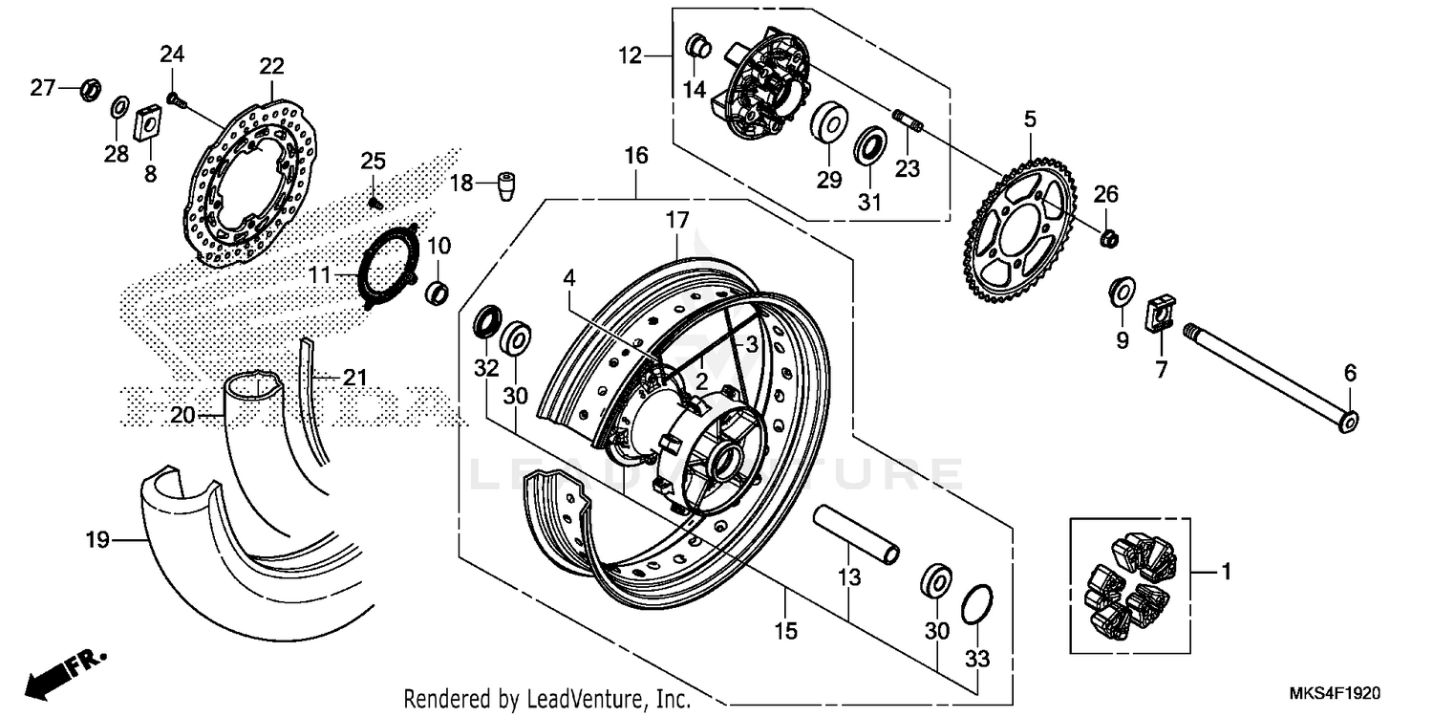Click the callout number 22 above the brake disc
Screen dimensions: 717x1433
coord(271,66)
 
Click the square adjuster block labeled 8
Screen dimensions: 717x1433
coord(149,122)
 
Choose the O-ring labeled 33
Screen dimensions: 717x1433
coord(974,603)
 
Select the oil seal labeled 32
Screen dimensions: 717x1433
coord(486,321)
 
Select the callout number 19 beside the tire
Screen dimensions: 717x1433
coord(95,539)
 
